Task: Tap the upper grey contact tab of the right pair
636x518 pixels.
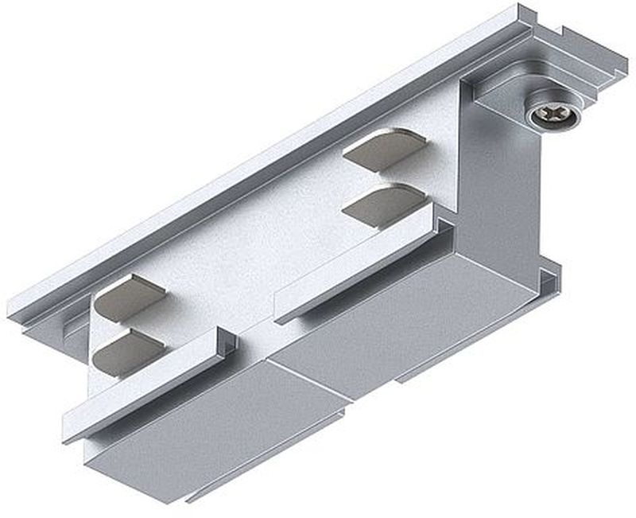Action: [384, 150]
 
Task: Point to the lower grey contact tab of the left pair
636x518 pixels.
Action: [127, 352]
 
